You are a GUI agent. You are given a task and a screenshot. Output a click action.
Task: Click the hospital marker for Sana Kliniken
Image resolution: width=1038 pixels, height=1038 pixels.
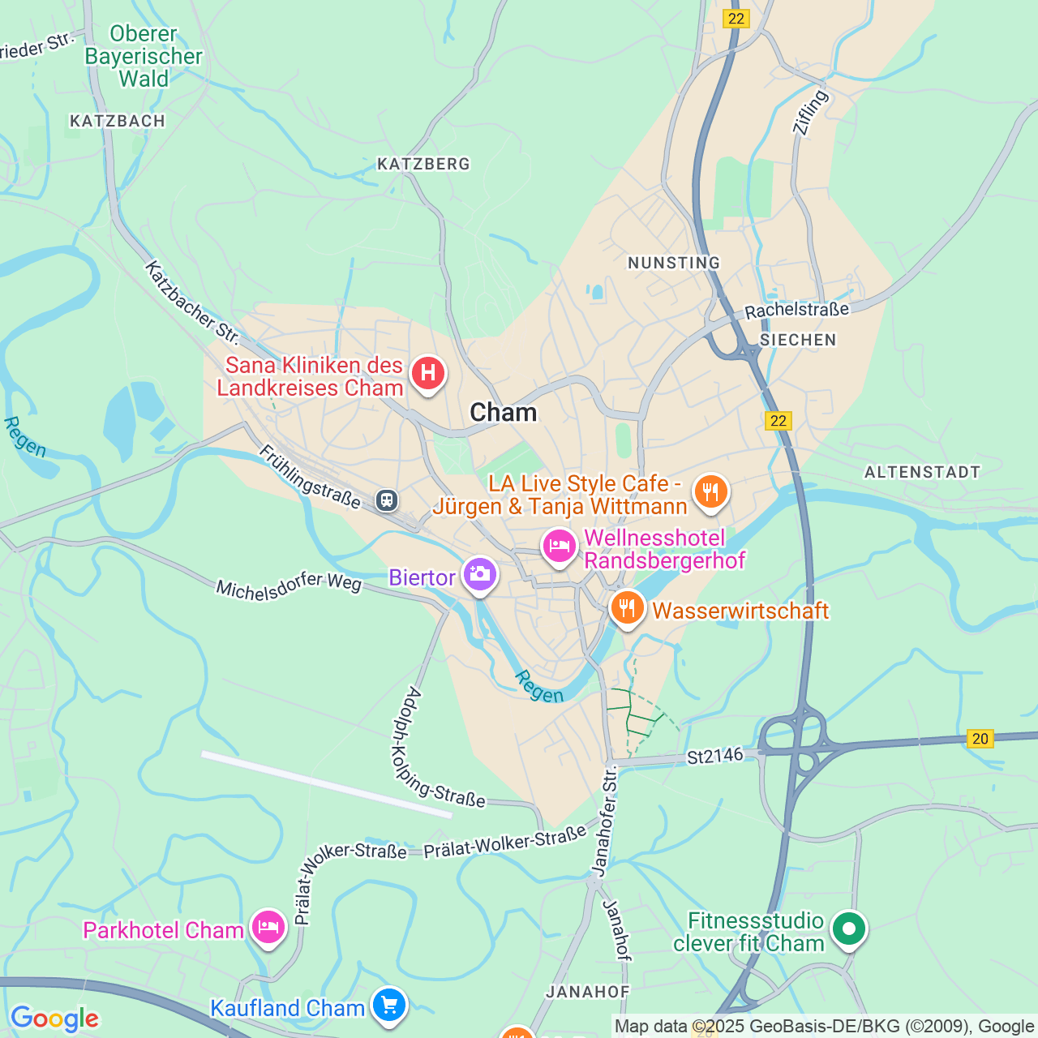[428, 374]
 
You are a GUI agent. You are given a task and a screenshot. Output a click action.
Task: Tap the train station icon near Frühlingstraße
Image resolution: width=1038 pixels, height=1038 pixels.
[387, 500]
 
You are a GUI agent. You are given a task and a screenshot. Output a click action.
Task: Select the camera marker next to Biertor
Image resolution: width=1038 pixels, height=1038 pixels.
[479, 574]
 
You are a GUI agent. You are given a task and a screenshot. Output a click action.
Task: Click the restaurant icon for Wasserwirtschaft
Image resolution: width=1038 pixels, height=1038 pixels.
[627, 607]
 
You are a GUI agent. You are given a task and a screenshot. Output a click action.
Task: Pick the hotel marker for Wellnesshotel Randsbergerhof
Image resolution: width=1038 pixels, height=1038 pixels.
[560, 547]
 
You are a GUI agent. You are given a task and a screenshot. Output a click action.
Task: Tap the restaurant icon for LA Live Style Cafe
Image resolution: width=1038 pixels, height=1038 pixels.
[710, 491]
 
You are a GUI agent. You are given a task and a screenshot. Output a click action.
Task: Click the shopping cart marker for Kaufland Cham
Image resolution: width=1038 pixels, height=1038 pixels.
[389, 1005]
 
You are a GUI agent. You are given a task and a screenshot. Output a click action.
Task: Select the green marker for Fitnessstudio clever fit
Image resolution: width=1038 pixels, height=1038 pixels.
[849, 929]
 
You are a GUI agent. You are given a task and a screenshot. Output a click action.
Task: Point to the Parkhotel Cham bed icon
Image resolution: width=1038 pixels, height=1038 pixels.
[268, 927]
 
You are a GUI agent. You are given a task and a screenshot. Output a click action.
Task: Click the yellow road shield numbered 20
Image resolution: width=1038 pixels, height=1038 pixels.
[980, 739]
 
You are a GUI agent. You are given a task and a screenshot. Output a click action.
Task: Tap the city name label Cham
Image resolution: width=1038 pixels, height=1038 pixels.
[503, 413]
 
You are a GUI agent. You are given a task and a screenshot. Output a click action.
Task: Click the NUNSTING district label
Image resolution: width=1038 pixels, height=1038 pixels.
[674, 263]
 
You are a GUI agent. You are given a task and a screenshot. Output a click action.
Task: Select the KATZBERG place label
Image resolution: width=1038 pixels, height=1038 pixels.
[423, 164]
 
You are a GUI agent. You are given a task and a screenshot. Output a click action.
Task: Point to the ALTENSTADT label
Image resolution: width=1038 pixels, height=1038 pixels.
[922, 472]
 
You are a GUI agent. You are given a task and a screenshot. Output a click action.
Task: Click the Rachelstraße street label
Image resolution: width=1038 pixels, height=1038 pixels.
[796, 310]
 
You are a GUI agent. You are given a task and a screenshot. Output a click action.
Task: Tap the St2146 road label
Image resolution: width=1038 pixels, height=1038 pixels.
[714, 756]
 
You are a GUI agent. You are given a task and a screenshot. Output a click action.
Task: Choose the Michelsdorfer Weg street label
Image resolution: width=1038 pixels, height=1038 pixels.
[289, 585]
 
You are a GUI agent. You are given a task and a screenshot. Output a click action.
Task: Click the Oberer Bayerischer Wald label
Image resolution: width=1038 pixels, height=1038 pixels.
[144, 56]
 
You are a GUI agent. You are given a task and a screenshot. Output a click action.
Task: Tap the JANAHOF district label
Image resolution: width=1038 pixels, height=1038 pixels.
[588, 992]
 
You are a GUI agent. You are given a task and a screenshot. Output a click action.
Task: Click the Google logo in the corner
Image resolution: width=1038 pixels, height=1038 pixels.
[54, 1019]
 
